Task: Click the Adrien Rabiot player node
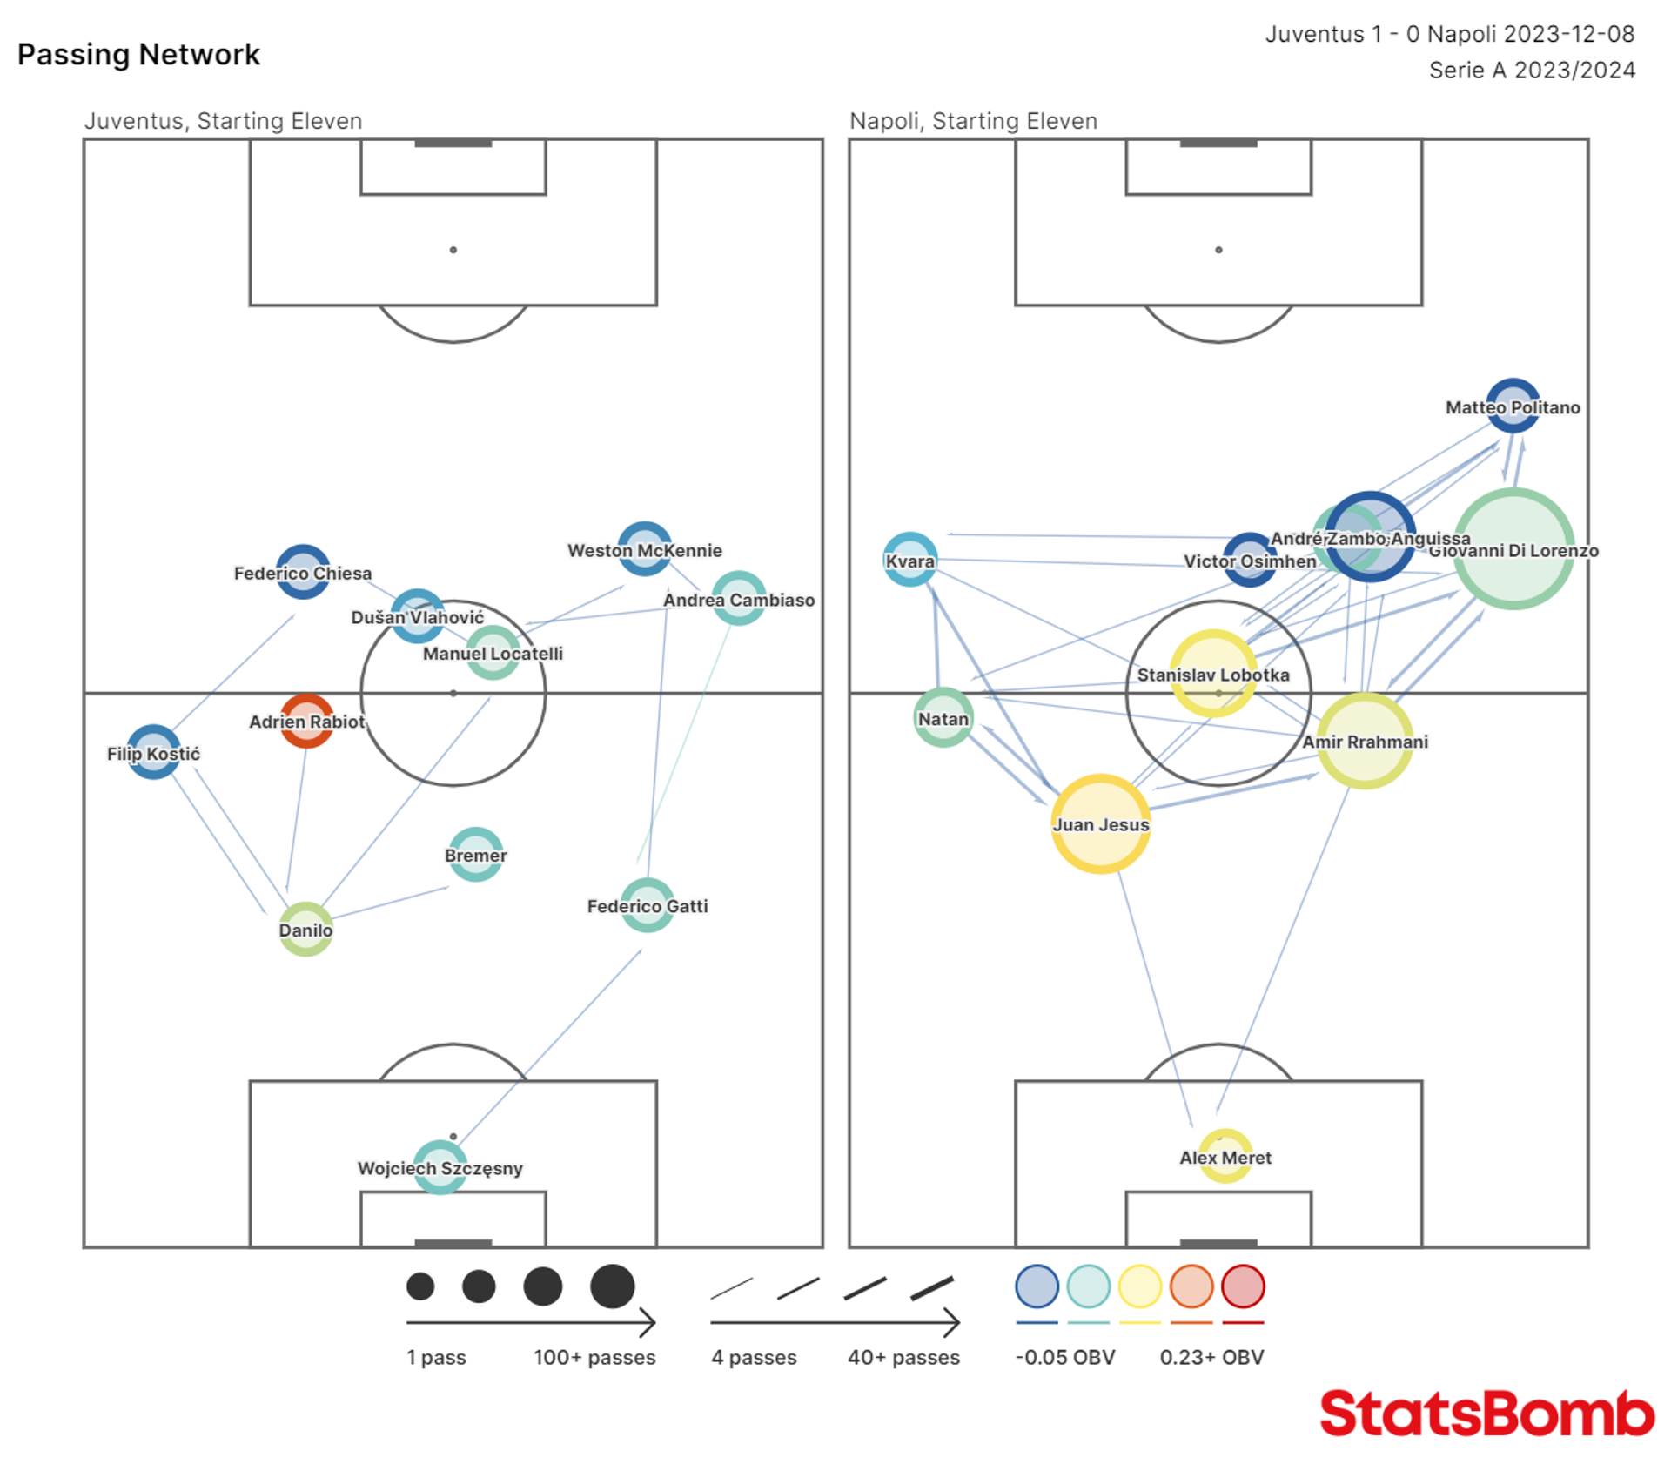pos(306,721)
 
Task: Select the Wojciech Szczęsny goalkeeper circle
pos(440,1167)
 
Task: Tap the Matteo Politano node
pos(1513,406)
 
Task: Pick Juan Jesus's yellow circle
pos(1100,823)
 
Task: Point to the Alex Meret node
pos(1225,1157)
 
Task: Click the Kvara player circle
pos(910,560)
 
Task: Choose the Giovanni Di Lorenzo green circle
pos(1513,549)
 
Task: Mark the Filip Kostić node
pos(154,752)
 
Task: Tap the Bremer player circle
pos(475,855)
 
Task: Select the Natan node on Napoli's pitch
pos(943,718)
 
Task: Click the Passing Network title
pos(138,55)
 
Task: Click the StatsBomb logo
pos(1486,1413)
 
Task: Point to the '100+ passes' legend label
pos(594,1357)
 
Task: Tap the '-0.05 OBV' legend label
pos(1064,1357)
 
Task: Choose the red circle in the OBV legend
pos(1242,1286)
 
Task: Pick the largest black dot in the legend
pos(612,1286)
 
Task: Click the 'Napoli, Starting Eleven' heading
pos(973,121)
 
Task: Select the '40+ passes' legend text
pos(903,1357)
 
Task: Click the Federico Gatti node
pos(648,905)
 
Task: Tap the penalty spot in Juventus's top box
pos(453,250)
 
